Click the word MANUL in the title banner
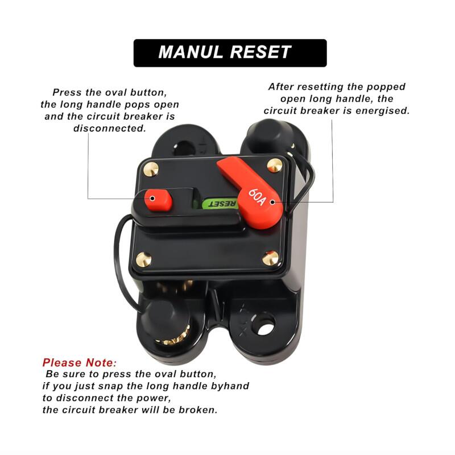tap(190, 52)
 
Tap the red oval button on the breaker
tap(158, 200)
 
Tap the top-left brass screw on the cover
tap(151, 169)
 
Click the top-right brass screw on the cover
tap(275, 165)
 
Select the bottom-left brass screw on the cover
tap(144, 259)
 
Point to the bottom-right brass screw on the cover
tap(270, 258)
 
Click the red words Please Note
tap(79, 363)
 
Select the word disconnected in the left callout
tap(109, 129)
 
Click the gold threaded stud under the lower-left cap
tap(174, 337)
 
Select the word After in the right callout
tap(281, 87)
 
